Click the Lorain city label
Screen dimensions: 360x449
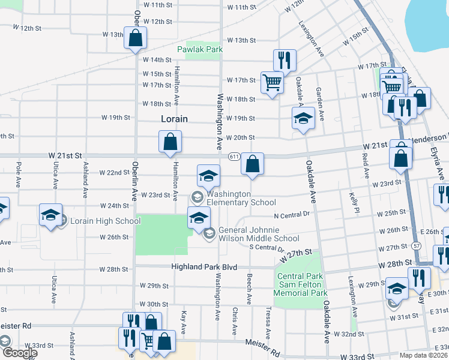pos(174,119)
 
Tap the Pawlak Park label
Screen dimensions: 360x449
pos(200,49)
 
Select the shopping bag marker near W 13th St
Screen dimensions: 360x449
pos(135,37)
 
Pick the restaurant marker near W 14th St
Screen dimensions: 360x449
pos(284,59)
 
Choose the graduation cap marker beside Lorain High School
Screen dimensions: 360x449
pos(50,214)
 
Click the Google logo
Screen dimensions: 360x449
pos(19,353)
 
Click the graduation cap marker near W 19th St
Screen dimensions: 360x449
pos(303,118)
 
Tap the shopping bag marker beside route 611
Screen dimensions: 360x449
pos(253,163)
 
